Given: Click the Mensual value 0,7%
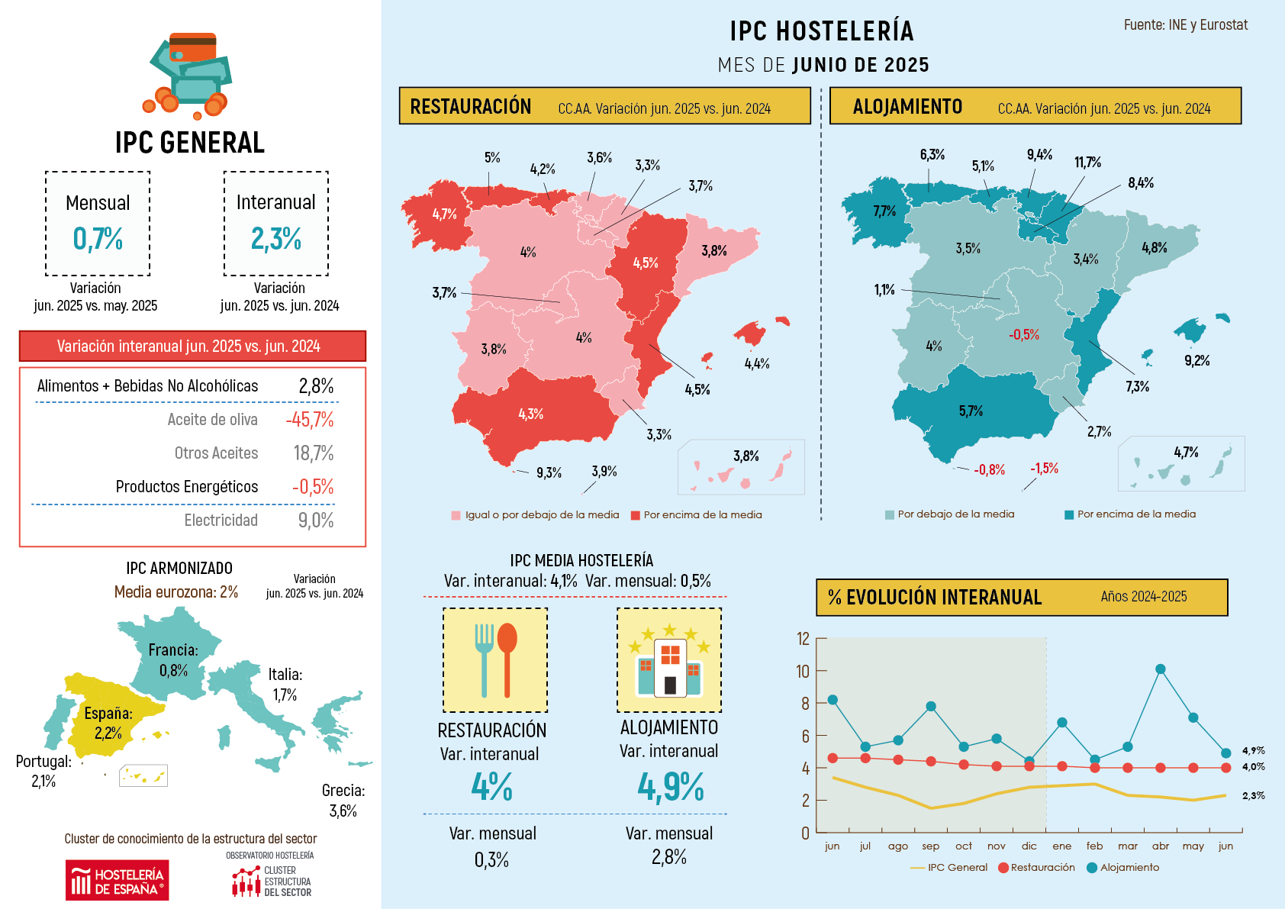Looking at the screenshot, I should coord(98,239).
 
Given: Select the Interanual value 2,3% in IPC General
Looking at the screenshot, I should coord(275,239).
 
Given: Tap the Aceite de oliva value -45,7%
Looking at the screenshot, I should coord(310,420).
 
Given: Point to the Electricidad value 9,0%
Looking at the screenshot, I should coord(315,521).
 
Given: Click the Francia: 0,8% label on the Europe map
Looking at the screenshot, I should coord(173,660).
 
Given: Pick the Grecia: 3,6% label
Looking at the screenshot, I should coord(343,801).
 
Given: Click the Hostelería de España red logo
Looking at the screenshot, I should coord(117,880).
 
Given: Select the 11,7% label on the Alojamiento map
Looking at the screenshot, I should coord(1087,163).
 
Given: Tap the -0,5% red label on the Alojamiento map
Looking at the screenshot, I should coord(1023,334).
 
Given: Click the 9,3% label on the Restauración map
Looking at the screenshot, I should coord(549,473).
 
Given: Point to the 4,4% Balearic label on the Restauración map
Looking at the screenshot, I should coord(756,364).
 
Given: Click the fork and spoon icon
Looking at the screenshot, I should coord(495,659).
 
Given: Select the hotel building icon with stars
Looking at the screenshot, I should coord(669,659).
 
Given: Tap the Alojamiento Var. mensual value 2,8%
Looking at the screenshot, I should coord(669,857).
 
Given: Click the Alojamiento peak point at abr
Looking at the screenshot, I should coord(1160,669).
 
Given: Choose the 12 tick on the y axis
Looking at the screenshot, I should coord(803,639).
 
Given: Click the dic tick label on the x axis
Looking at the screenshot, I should coord(1029,846).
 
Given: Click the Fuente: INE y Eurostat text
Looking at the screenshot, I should coord(1185,25).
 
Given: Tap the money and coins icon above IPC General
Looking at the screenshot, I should coord(188,75).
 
